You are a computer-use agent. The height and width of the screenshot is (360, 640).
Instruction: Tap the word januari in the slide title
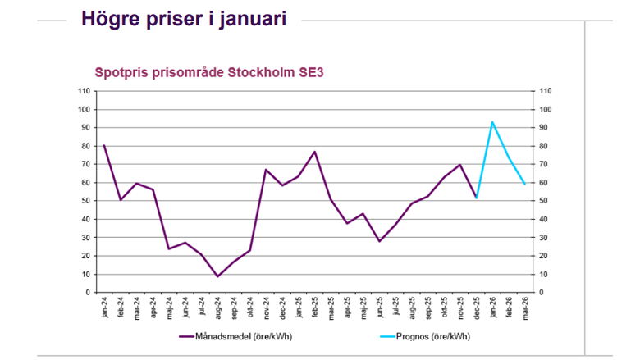click(x=249, y=19)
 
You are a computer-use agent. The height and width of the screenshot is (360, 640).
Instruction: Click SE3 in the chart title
click(x=310, y=72)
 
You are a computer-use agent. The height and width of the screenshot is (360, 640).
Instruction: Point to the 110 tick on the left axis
click(x=84, y=91)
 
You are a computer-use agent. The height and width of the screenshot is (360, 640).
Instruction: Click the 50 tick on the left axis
click(x=86, y=201)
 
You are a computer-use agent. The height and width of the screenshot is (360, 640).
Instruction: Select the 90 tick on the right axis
click(x=541, y=128)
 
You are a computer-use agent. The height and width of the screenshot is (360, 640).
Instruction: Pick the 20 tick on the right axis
click(x=541, y=256)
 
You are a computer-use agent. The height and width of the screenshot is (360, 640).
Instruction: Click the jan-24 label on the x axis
click(x=104, y=308)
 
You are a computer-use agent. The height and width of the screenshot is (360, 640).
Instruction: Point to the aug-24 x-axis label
click(x=217, y=308)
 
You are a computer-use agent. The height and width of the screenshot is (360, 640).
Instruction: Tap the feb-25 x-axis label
click(x=314, y=308)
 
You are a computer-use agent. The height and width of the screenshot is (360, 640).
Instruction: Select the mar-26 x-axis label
click(x=524, y=308)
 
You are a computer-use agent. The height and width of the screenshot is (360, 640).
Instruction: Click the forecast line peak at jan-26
click(x=492, y=122)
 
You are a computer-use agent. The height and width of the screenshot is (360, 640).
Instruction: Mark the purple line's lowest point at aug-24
click(x=217, y=276)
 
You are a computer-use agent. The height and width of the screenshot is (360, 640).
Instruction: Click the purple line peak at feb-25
click(x=314, y=152)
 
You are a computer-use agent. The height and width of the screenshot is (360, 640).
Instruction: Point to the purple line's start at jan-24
click(x=104, y=145)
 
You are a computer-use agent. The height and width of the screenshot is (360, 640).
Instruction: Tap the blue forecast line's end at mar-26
click(x=524, y=185)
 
